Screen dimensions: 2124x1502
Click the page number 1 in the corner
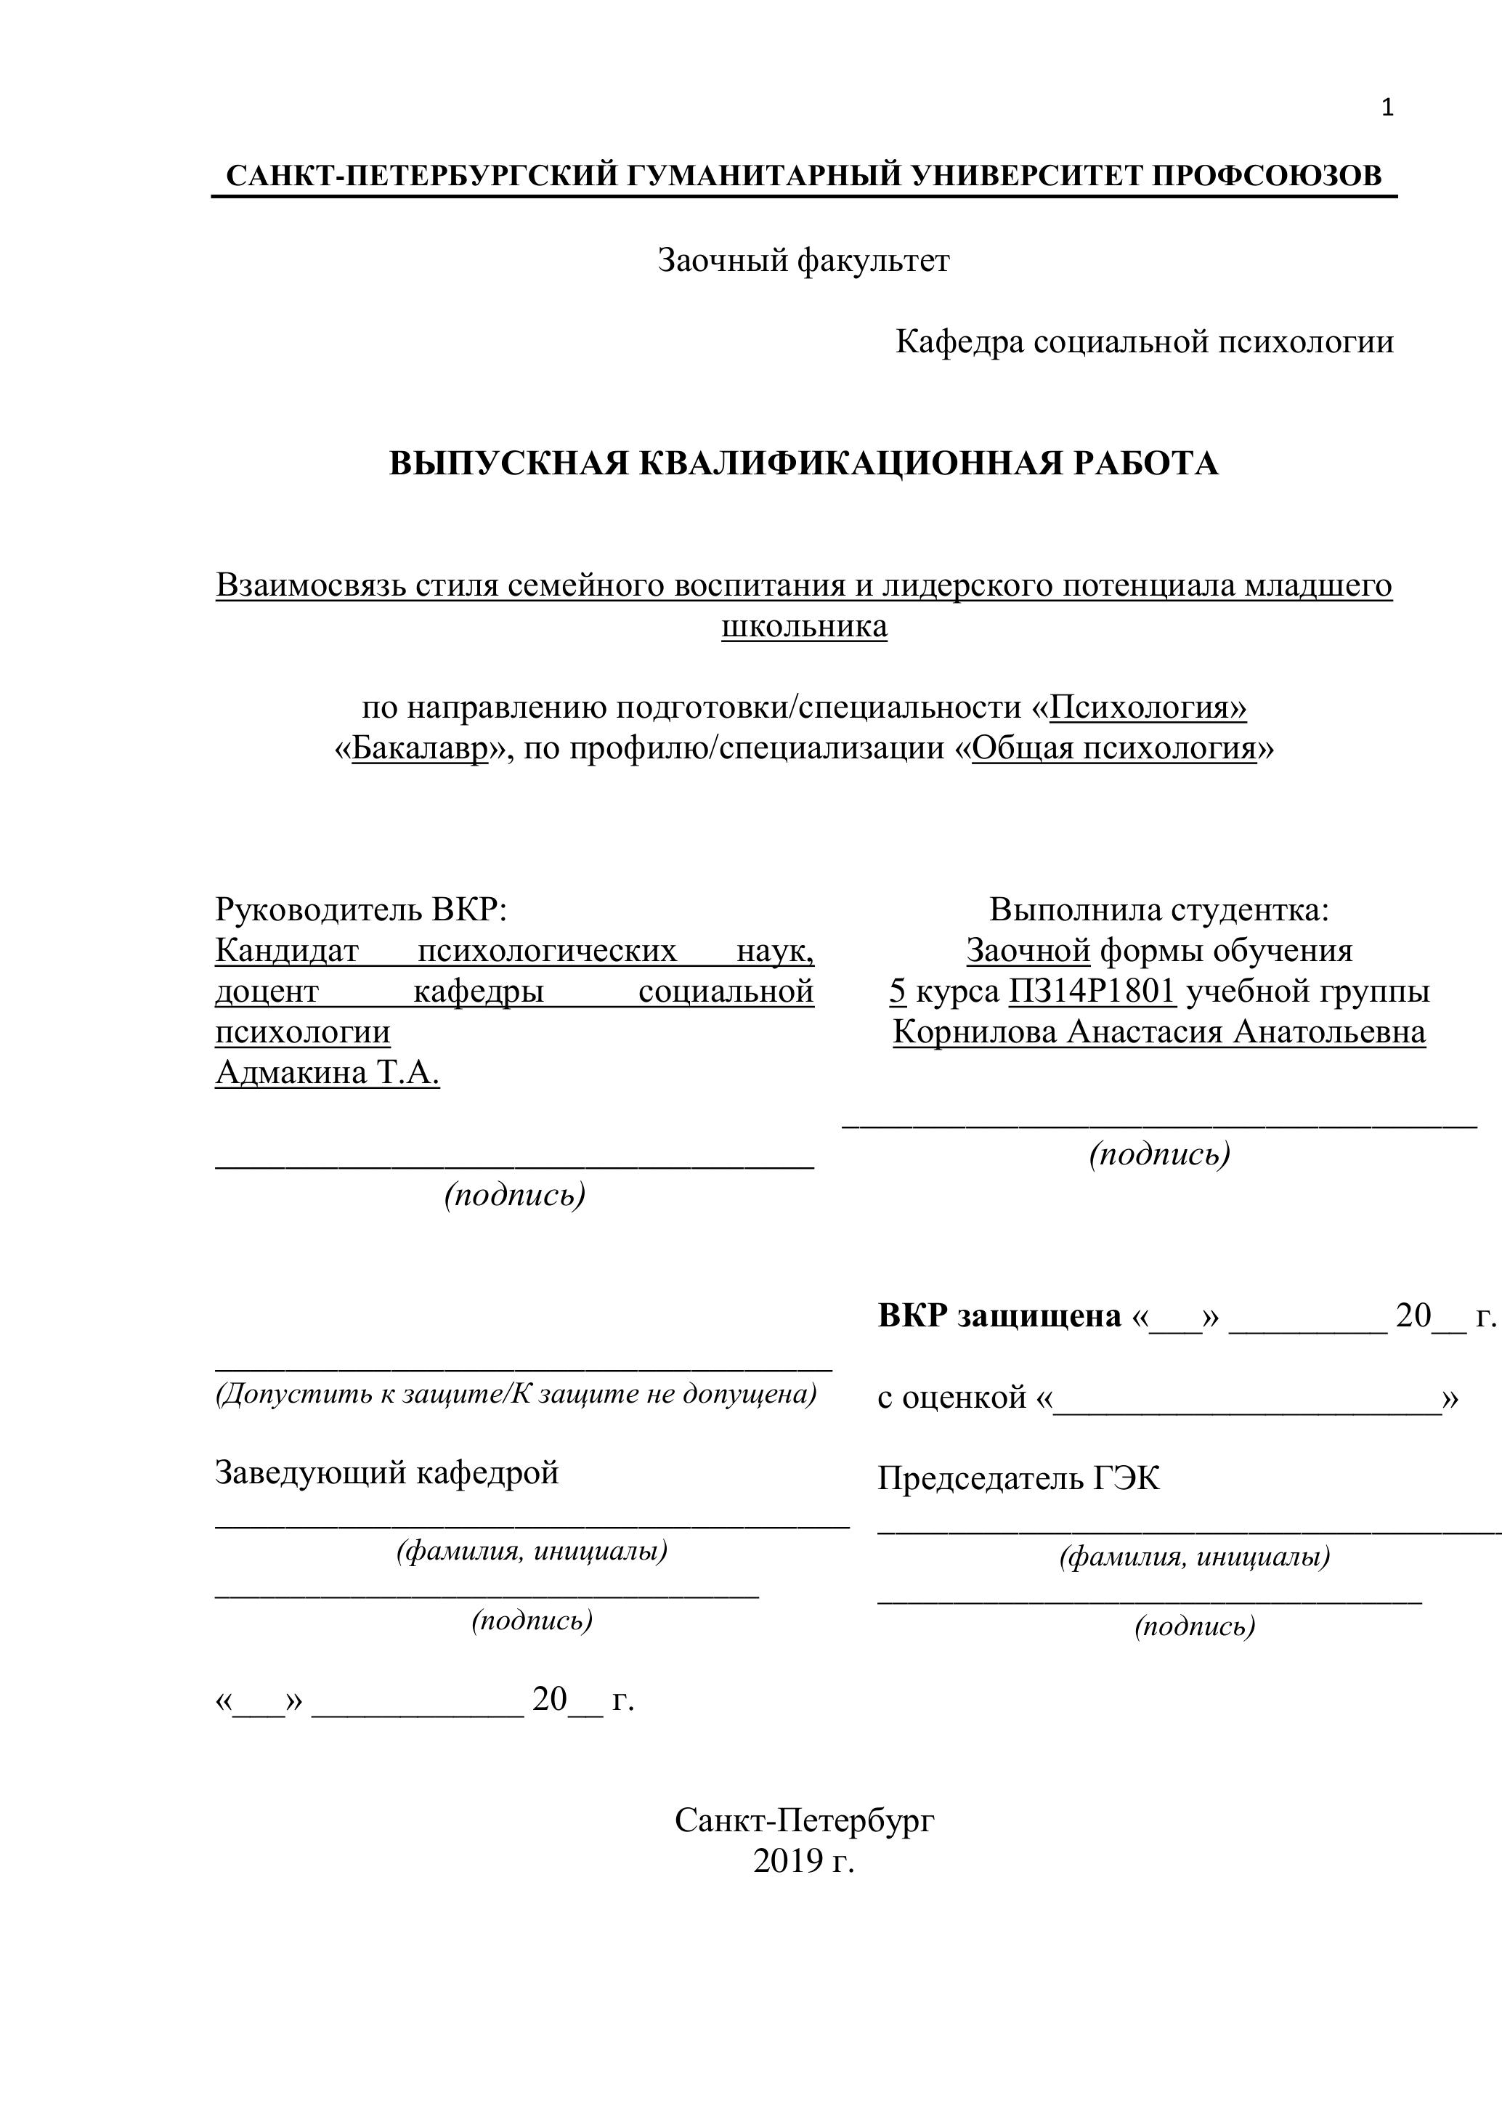coord(1387,109)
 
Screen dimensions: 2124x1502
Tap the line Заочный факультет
coord(803,261)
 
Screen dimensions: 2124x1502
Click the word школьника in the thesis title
coord(804,626)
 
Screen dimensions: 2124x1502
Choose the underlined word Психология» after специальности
coord(1149,708)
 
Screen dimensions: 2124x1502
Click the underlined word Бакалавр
coord(419,748)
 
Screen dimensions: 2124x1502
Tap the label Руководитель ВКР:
coord(362,909)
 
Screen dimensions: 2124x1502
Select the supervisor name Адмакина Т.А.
coord(328,1072)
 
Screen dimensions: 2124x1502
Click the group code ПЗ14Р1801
coord(1092,991)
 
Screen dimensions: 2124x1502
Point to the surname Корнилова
coord(975,1031)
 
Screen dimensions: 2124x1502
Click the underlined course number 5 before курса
coord(897,991)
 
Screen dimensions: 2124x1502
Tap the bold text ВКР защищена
coord(999,1316)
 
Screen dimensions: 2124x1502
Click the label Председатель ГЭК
coord(1018,1478)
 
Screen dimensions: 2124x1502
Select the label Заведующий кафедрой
coord(386,1472)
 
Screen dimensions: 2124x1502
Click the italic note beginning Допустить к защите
coord(515,1393)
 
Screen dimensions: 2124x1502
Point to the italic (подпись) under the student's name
coord(1160,1154)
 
